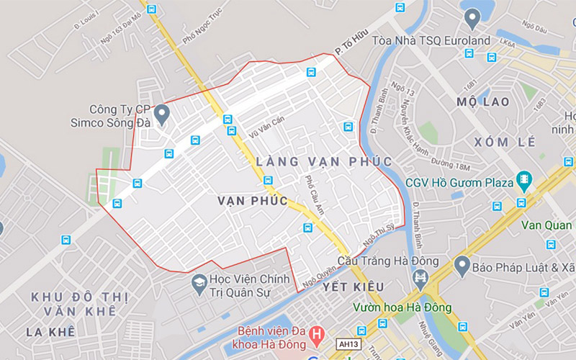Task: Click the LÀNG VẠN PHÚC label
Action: (x=324, y=161)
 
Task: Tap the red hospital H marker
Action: (x=315, y=334)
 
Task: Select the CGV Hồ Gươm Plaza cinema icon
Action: (x=523, y=181)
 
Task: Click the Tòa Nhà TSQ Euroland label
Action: (x=431, y=40)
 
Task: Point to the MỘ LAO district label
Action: (x=483, y=102)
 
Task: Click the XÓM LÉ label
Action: (x=505, y=142)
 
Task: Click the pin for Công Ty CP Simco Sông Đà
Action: (x=161, y=113)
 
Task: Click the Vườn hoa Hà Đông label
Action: (x=402, y=308)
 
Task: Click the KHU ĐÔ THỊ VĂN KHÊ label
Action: (x=79, y=304)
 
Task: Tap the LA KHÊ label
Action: (x=50, y=332)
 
